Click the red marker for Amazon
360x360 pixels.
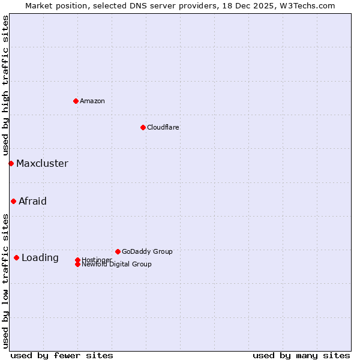(x=76, y=101)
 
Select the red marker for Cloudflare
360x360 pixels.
(x=143, y=127)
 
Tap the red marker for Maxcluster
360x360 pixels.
(x=11, y=163)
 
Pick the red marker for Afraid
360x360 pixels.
(x=13, y=201)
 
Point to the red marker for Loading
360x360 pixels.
(x=16, y=257)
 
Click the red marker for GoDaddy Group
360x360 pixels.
(x=118, y=251)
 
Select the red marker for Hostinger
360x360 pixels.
(x=77, y=260)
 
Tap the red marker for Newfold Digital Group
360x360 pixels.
(x=77, y=264)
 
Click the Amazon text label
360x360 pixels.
(x=92, y=101)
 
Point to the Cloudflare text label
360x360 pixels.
(x=163, y=127)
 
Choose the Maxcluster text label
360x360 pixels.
(x=42, y=163)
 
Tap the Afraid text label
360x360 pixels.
(x=32, y=201)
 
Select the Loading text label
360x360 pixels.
(x=40, y=257)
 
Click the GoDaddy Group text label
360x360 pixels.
(x=147, y=251)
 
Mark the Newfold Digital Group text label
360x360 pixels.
(x=117, y=265)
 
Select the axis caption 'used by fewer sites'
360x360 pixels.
(x=62, y=355)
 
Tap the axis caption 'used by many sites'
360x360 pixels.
(x=301, y=355)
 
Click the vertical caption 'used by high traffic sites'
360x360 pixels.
(x=5, y=86)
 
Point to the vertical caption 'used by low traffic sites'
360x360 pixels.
(x=5, y=281)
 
